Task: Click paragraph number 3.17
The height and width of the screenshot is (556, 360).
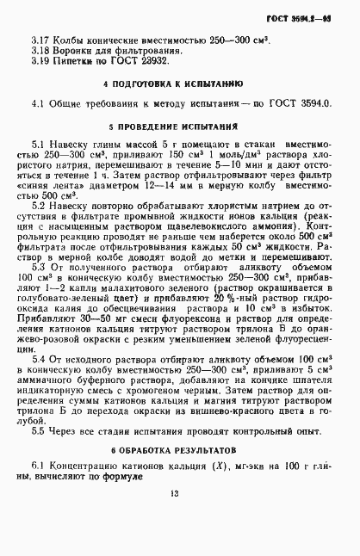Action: click(x=41, y=40)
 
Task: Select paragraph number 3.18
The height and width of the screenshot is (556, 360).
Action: click(x=41, y=50)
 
